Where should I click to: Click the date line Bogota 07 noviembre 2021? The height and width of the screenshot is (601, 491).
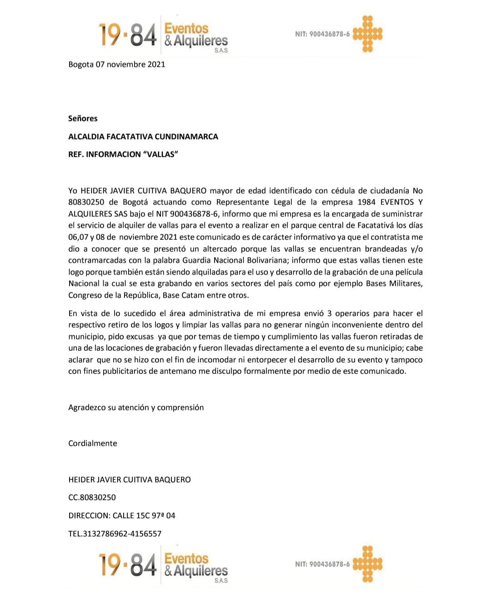(117, 65)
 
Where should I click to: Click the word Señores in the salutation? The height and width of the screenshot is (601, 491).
(83, 119)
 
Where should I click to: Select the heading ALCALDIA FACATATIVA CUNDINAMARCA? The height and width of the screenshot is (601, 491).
(143, 137)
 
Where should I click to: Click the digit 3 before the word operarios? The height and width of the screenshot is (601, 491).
(330, 313)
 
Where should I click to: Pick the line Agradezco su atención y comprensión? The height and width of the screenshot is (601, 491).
(136, 407)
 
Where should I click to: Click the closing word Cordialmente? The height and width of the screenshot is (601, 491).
(93, 443)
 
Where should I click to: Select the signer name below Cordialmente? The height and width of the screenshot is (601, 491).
(130, 480)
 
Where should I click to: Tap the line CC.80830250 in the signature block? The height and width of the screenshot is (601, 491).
(92, 497)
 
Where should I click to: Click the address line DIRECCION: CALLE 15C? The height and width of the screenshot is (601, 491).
(122, 516)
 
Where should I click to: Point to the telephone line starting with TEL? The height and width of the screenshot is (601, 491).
(115, 534)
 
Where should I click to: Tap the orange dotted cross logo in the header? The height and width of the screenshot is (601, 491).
(368, 34)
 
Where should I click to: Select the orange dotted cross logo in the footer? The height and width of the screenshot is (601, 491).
(368, 564)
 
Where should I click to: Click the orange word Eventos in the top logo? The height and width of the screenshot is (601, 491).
(186, 28)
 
